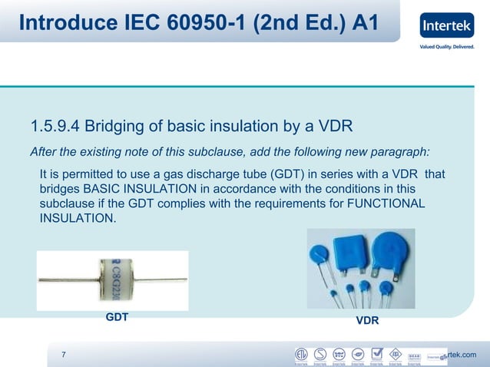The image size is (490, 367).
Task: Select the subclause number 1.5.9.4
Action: point(55,126)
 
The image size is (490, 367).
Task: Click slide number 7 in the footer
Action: point(63,354)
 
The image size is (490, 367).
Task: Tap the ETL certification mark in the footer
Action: point(302,355)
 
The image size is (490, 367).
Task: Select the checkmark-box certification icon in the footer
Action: point(376,355)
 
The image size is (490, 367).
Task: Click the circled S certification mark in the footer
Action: point(320,355)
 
